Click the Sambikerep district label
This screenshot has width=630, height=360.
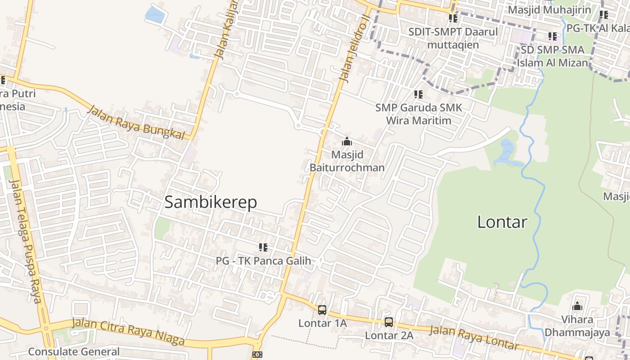[x=211, y=202]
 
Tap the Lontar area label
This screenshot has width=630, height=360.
[x=502, y=222]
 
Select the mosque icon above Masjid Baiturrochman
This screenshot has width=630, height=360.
[x=346, y=142]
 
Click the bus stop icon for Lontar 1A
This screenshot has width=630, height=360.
[x=322, y=310]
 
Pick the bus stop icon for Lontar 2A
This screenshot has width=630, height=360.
[x=389, y=322]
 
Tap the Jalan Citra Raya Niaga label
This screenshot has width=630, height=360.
[x=128, y=331]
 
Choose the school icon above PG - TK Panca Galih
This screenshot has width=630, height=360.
[x=263, y=247]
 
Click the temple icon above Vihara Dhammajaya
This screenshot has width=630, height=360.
[x=577, y=307]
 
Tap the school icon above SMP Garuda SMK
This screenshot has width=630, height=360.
[x=418, y=94]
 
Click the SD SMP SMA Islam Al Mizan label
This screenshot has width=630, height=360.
[x=553, y=56]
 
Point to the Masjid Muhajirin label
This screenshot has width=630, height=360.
[x=549, y=9]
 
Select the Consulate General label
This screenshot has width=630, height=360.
[x=74, y=351]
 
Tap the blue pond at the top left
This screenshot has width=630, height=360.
[x=155, y=14]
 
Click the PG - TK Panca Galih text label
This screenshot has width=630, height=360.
[x=263, y=261]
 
